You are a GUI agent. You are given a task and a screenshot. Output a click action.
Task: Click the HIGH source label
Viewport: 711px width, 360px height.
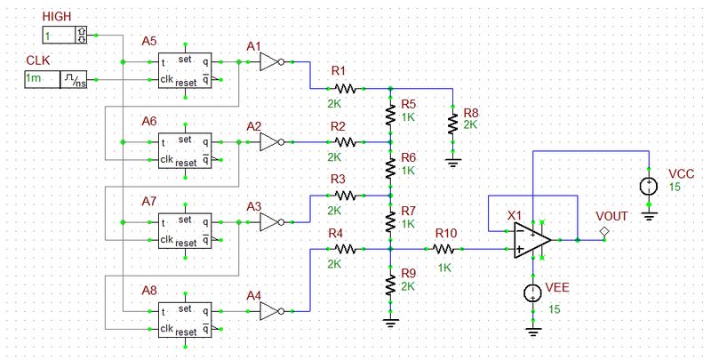click(56, 17)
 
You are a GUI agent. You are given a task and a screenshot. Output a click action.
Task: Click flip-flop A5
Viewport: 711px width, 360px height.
click(184, 71)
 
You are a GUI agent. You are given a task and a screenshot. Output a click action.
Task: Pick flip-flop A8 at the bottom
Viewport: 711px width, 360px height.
click(184, 320)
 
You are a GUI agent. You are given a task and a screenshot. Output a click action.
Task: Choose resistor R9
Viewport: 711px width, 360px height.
click(390, 284)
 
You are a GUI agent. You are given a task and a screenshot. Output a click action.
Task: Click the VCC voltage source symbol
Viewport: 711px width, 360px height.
click(649, 187)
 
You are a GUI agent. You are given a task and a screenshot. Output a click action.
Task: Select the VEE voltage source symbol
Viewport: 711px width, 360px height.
click(533, 293)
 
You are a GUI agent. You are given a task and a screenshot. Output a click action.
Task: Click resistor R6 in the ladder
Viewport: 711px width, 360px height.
click(390, 168)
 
